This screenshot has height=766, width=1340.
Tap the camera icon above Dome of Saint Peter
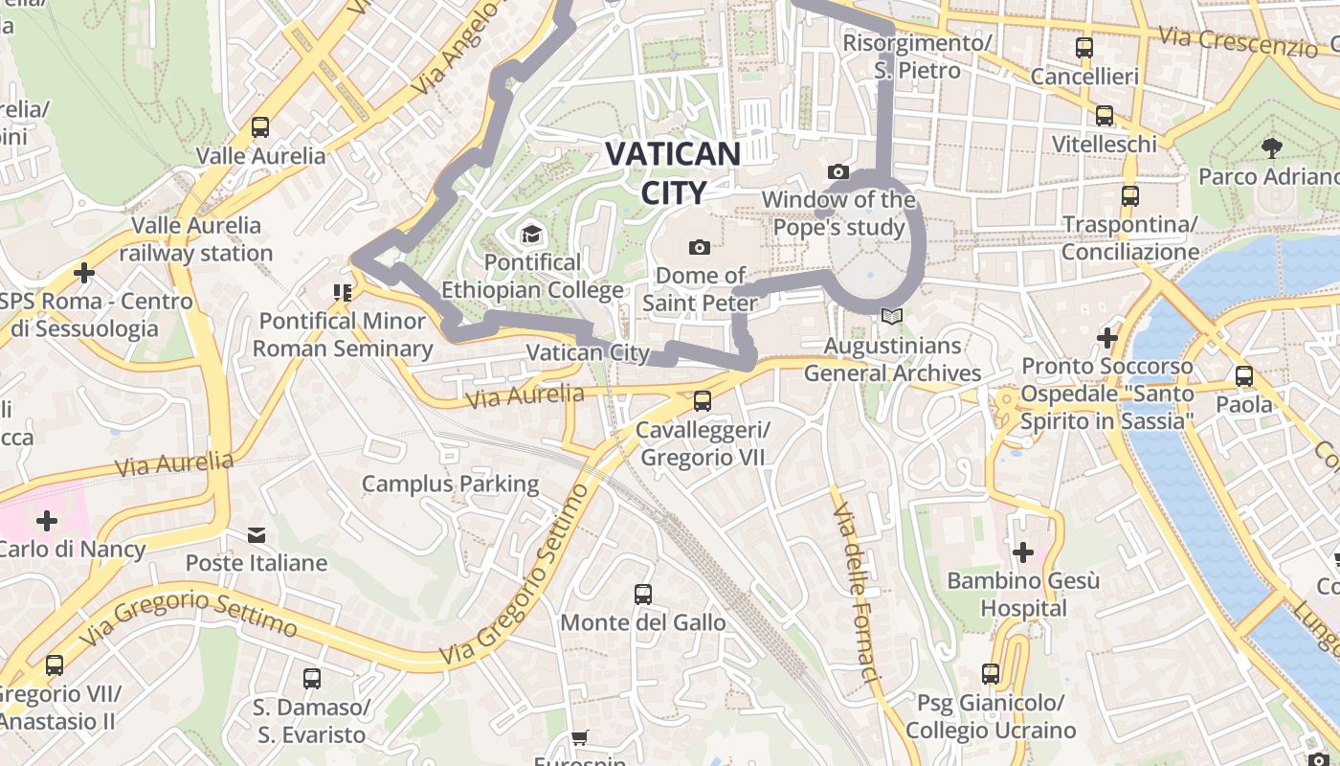click(x=700, y=248)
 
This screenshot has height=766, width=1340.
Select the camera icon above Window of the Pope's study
click(x=838, y=172)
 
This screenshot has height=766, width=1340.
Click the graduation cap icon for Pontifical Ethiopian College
click(x=530, y=234)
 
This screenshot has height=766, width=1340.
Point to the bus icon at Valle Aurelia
click(x=259, y=127)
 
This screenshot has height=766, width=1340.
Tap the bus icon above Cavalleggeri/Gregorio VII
click(x=703, y=401)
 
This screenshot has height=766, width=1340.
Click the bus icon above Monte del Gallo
click(x=643, y=595)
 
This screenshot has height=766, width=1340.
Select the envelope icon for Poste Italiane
click(x=257, y=534)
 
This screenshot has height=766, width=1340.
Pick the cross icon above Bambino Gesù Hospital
click(x=1023, y=552)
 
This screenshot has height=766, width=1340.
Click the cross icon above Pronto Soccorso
click(x=1107, y=338)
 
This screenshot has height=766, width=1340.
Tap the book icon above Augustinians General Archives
click(x=892, y=316)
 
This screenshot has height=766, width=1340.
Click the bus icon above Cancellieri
click(x=1084, y=48)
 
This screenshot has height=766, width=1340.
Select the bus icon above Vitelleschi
click(x=1105, y=116)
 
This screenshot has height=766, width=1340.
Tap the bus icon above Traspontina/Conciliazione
click(x=1130, y=196)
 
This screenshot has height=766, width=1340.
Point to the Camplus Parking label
click(x=450, y=484)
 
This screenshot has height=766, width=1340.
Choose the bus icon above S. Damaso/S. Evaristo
click(x=312, y=679)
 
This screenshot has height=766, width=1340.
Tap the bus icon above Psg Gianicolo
click(x=991, y=675)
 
